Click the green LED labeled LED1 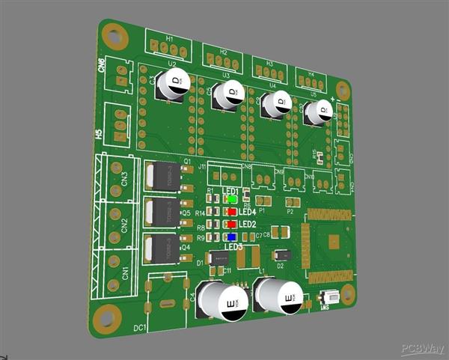tap(232, 200)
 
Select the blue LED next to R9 tap(232, 237)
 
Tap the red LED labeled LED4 tap(231, 212)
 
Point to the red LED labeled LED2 tap(232, 224)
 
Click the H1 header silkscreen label tap(170, 37)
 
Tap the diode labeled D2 tap(281, 254)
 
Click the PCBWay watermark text tap(422, 349)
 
